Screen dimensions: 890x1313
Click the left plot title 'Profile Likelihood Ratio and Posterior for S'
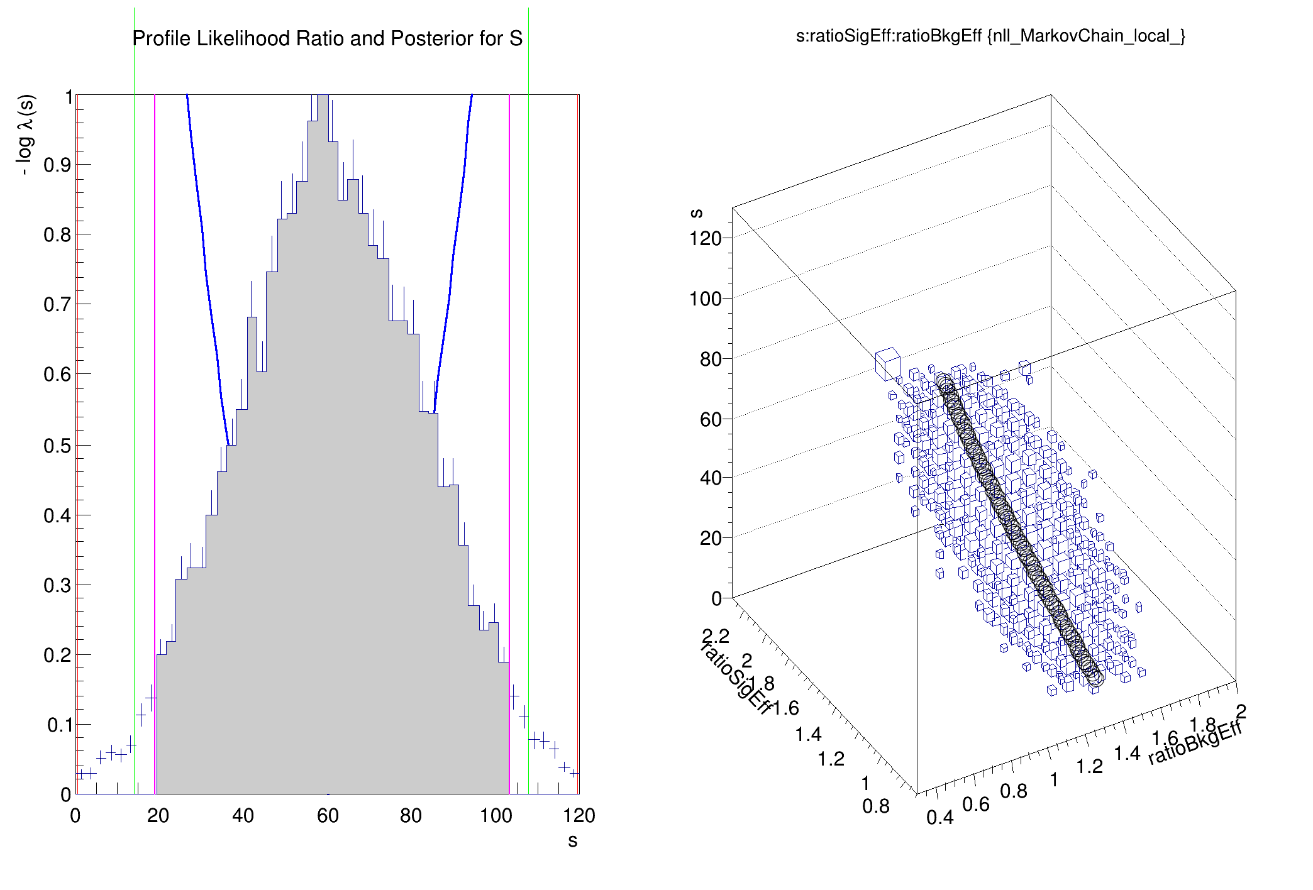pos(327,39)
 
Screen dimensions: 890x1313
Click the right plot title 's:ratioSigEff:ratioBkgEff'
pos(990,36)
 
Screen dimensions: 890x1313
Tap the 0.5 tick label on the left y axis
pos(57,446)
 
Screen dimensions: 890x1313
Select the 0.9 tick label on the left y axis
pos(57,165)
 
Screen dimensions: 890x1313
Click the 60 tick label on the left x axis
pos(328,816)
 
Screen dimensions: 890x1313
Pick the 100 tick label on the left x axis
pos(496,816)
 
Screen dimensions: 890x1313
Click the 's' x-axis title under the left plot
pos(572,841)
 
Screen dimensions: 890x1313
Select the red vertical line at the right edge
pos(578,440)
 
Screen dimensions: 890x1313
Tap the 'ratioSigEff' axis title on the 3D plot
pos(735,679)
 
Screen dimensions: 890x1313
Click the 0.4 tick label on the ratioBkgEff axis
pos(939,818)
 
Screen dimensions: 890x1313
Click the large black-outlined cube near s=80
pos(887,364)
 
